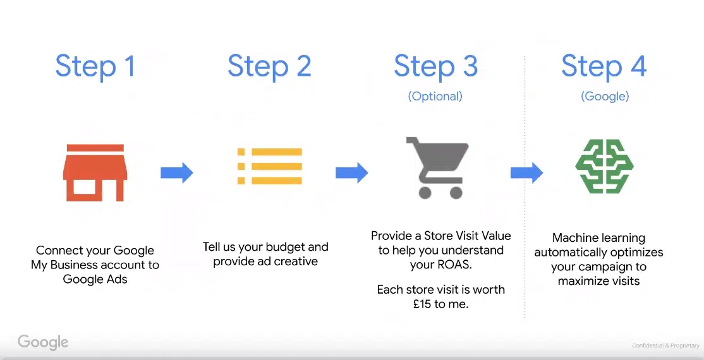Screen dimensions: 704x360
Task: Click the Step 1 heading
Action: [x=95, y=66]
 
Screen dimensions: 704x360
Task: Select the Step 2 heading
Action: [x=269, y=66]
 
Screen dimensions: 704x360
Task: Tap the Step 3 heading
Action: [x=435, y=66]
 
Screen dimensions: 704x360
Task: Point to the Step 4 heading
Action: [x=604, y=66]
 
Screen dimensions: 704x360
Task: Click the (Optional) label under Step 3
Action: [x=435, y=96]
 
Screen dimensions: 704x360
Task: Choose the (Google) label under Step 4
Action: [x=605, y=96]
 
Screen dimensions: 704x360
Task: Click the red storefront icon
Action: [x=95, y=172]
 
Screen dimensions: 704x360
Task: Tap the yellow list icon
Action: [x=270, y=166]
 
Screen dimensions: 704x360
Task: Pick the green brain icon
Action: [x=604, y=166]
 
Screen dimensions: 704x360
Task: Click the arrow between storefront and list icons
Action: [x=177, y=172]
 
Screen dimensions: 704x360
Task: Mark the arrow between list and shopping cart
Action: [x=351, y=172]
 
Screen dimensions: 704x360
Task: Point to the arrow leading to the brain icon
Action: [x=526, y=172]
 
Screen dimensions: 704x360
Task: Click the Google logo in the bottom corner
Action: [x=43, y=343]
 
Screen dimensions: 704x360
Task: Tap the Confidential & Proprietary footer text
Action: [x=665, y=345]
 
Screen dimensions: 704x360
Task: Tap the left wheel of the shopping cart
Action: [x=425, y=193]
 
